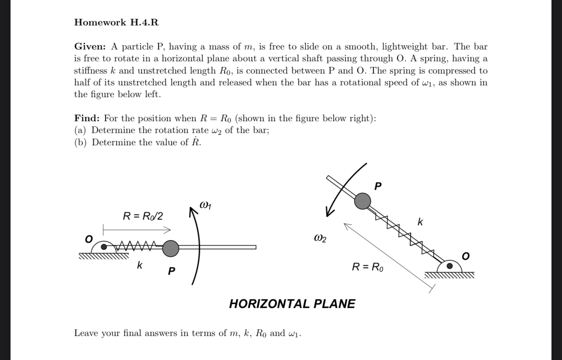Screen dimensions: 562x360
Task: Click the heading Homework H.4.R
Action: (116, 22)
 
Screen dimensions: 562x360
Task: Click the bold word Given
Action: (91, 47)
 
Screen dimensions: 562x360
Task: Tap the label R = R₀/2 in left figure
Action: (143, 216)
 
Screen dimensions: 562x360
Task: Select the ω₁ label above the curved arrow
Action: (206, 205)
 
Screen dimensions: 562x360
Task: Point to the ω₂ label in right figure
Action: (320, 239)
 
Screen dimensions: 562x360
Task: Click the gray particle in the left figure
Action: (171, 248)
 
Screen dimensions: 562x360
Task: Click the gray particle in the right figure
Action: (362, 201)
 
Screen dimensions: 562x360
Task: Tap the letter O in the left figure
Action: (89, 238)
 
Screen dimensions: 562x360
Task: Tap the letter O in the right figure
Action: (465, 256)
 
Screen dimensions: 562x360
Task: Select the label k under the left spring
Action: (139, 265)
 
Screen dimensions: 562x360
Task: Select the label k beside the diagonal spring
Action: (420, 222)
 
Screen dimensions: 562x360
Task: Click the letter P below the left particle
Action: (172, 272)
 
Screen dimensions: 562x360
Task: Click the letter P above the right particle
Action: (378, 186)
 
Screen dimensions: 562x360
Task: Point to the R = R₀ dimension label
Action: (368, 267)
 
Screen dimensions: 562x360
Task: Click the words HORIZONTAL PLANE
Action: (292, 304)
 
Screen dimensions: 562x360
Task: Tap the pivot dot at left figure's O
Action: (104, 247)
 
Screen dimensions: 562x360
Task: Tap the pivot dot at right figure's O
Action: (449, 266)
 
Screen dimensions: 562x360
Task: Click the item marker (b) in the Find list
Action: (81, 143)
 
